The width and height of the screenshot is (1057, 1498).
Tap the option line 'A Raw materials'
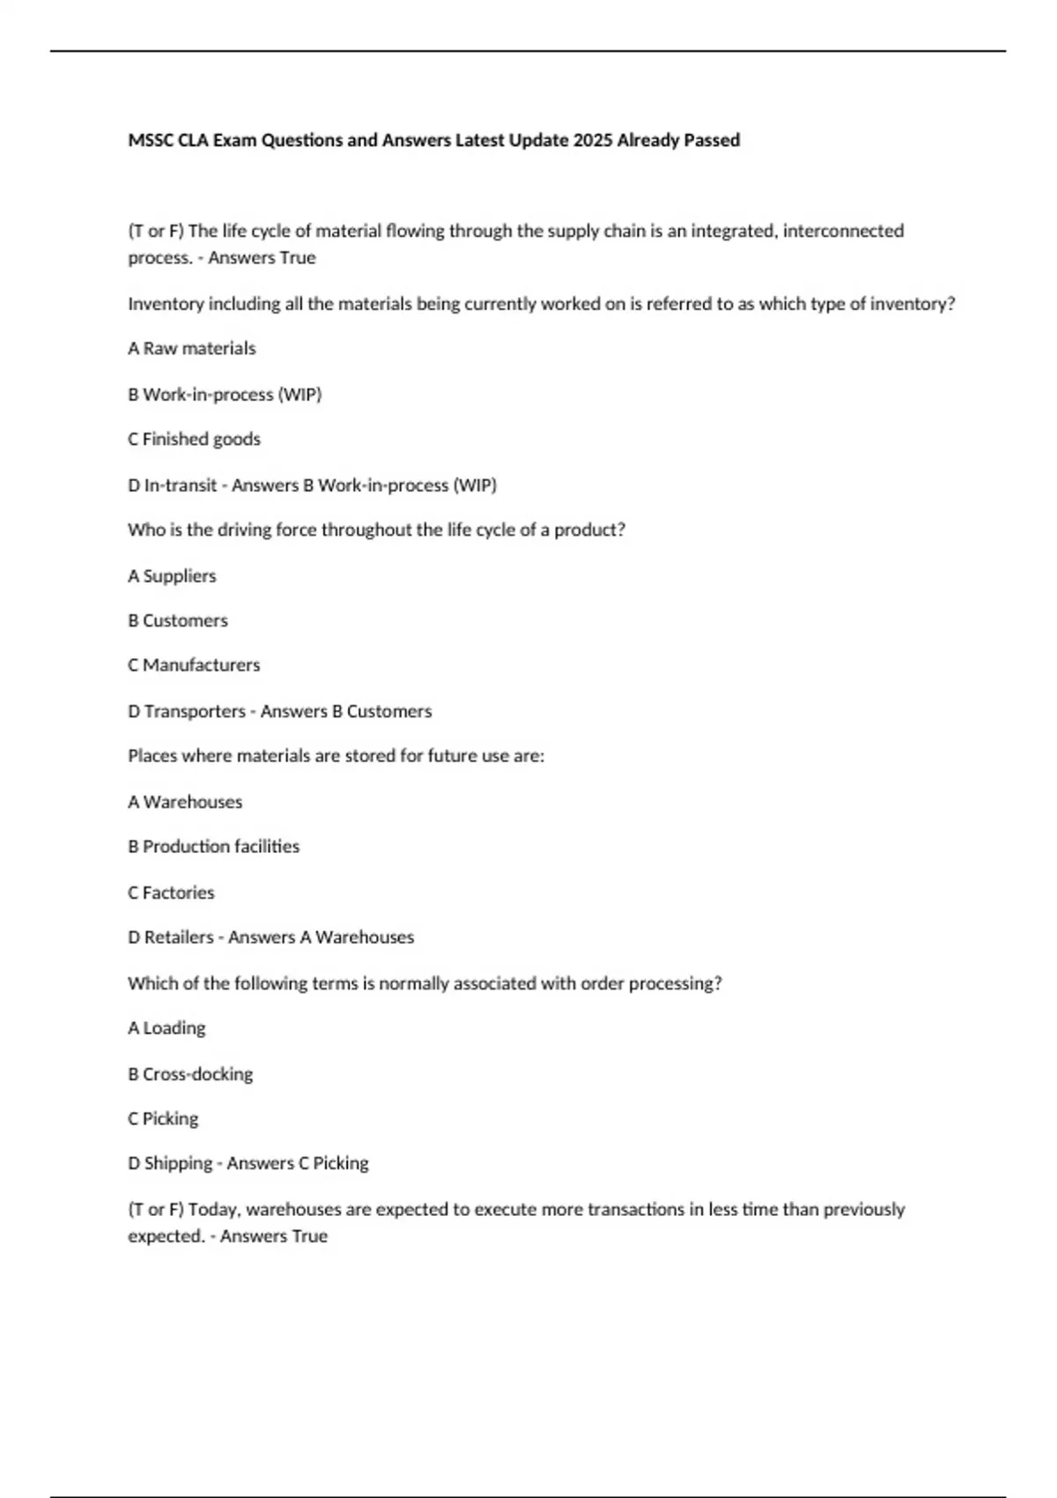tap(192, 349)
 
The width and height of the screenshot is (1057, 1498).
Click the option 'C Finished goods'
tap(194, 439)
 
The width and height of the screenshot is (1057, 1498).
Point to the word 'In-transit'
tap(181, 486)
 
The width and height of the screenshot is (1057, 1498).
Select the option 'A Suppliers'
tap(172, 576)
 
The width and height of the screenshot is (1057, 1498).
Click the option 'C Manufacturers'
tap(194, 665)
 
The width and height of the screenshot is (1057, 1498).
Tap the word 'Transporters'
tap(195, 711)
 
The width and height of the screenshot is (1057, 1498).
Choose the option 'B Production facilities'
tap(213, 847)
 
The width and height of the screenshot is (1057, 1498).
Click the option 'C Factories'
tap(171, 893)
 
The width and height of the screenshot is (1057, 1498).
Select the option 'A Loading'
tap(166, 1028)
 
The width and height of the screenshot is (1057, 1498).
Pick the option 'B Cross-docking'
tap(190, 1074)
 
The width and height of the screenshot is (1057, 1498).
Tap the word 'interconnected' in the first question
tap(843, 231)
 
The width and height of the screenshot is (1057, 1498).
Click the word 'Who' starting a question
tap(144, 530)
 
